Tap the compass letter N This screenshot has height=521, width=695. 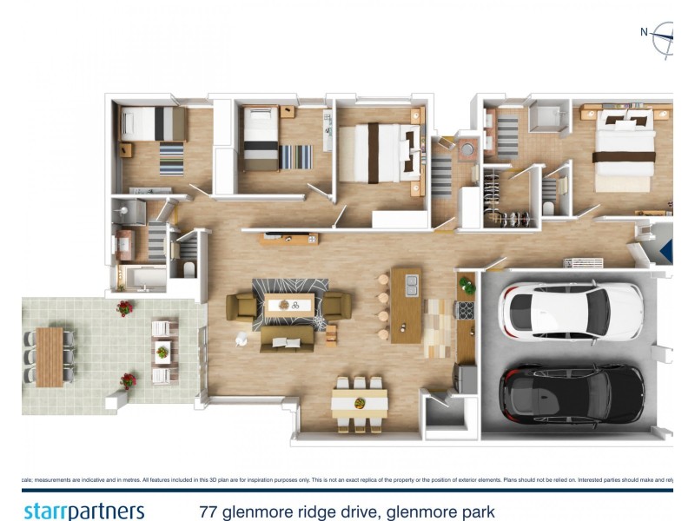click(644, 32)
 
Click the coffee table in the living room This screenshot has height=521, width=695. click(289, 304)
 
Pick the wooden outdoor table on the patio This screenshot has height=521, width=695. click(49, 356)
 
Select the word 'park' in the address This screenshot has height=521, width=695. click(474, 511)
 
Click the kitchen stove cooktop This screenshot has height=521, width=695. click(466, 310)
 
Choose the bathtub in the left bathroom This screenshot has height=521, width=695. click(139, 278)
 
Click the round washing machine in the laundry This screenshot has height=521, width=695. click(467, 149)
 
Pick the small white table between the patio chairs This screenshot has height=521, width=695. click(162, 352)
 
